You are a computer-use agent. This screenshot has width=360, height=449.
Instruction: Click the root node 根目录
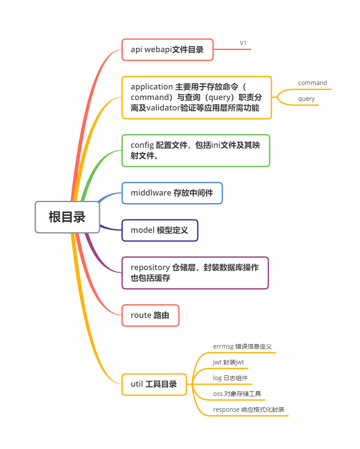click(67, 217)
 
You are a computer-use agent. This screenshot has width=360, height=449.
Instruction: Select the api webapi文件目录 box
click(168, 50)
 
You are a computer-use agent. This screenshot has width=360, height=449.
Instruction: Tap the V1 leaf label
click(243, 43)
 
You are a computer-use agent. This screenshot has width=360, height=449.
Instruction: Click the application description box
click(196, 98)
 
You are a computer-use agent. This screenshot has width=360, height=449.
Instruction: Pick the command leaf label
click(312, 83)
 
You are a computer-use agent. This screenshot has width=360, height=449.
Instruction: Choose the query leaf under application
click(306, 99)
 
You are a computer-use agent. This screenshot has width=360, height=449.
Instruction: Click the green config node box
click(196, 151)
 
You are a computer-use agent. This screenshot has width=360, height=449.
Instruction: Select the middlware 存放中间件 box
click(172, 193)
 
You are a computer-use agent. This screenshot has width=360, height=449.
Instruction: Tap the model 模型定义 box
click(160, 231)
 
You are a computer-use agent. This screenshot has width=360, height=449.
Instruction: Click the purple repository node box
click(195, 273)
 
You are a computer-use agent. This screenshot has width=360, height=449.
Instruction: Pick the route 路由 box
click(150, 316)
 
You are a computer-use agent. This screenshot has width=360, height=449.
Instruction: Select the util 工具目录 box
click(154, 385)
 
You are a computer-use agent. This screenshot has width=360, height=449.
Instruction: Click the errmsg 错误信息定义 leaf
click(242, 347)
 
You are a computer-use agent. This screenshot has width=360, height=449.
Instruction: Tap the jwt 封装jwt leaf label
click(228, 363)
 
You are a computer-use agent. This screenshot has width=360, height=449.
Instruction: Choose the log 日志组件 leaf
click(230, 378)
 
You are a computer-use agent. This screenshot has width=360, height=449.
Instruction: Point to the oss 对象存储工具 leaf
click(237, 394)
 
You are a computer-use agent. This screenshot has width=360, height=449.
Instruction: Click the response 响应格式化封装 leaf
click(248, 410)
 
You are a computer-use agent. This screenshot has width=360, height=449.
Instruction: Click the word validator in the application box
click(163, 108)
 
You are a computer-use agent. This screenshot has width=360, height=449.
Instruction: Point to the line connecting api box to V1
click(232, 50)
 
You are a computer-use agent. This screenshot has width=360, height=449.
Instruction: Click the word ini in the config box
click(216, 145)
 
